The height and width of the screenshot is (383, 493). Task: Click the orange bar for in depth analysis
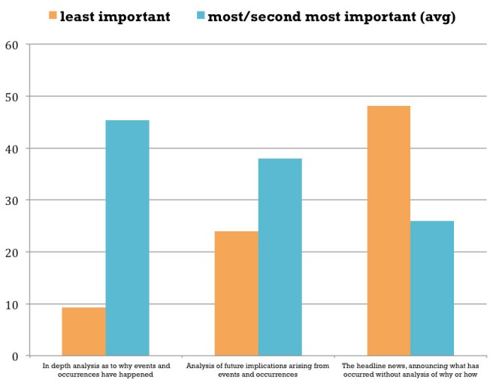(83, 331)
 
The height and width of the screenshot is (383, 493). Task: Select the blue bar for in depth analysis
(127, 237)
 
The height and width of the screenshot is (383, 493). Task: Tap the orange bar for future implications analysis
(236, 293)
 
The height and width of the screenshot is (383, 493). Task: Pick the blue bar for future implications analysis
(280, 257)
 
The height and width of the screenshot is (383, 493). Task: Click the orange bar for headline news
(389, 231)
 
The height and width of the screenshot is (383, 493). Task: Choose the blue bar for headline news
(432, 288)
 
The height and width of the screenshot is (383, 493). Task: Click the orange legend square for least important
(52, 15)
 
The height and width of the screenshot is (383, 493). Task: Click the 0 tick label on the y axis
(15, 356)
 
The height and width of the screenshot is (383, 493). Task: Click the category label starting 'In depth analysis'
(105, 369)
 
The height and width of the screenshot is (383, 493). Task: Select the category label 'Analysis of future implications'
(258, 369)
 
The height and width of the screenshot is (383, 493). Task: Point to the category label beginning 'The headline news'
(410, 369)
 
